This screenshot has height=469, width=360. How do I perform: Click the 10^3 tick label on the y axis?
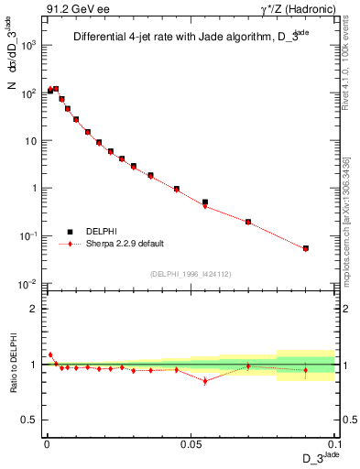pyautogui.click(x=28, y=45)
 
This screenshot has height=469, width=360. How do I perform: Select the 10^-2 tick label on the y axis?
pyautogui.click(x=28, y=283)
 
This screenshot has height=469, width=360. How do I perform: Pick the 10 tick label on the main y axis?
pyautogui.click(x=30, y=140)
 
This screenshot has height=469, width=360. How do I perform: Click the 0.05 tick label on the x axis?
pyautogui.click(x=191, y=443)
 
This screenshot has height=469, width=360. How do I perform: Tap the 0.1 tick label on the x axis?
pyautogui.click(x=333, y=443)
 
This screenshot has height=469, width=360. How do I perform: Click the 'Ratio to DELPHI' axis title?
pyautogui.click(x=12, y=364)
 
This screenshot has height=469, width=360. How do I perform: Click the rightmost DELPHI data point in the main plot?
pyautogui.click(x=306, y=248)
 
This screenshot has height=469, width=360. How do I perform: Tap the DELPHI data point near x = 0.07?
pyautogui.click(x=248, y=222)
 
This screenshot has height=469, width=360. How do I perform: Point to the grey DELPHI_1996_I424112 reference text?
pyautogui.click(x=190, y=273)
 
